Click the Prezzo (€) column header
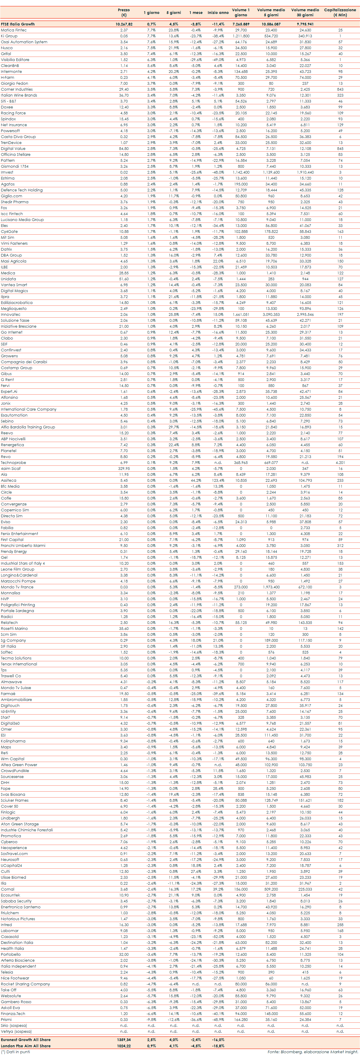[124, 12]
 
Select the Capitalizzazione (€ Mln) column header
[340, 12]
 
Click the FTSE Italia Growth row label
[17, 24]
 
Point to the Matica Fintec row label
[14, 30]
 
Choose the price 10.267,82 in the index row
[124, 24]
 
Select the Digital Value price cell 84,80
[124, 149]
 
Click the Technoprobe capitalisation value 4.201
[340, 463]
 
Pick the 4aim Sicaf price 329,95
[124, 468]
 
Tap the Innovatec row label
[11, 315]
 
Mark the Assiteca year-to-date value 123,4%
[218, 481]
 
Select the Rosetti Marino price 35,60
[124, 629]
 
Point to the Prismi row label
[6, 1019]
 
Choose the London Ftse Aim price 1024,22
[124, 1046]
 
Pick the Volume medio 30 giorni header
[305, 12]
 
